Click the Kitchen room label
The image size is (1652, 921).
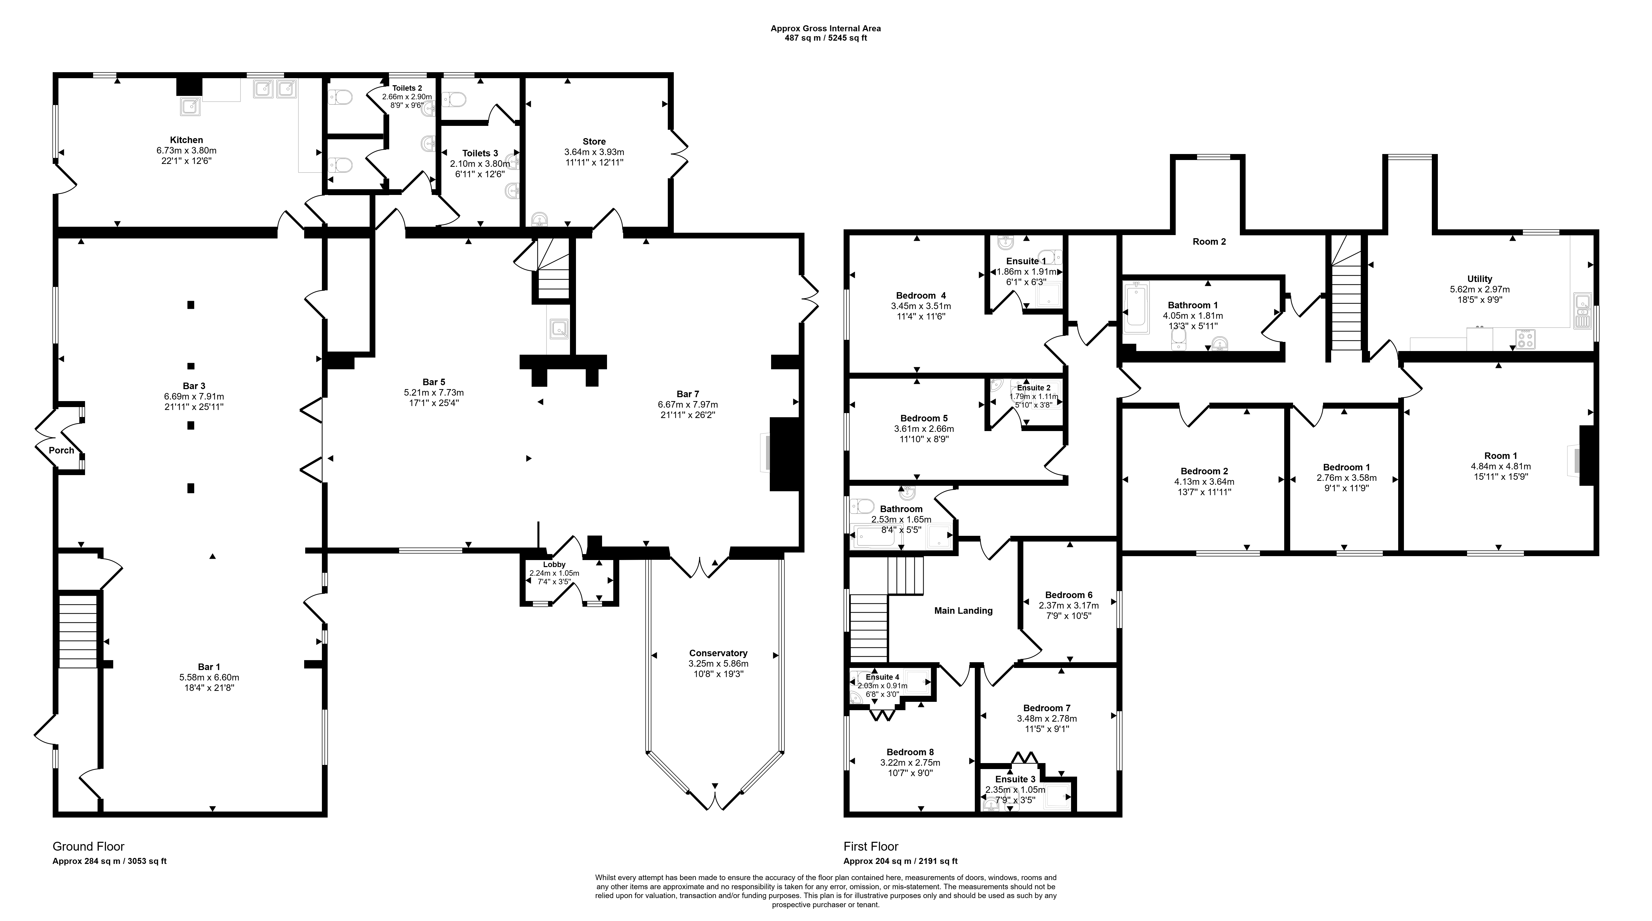[x=187, y=140]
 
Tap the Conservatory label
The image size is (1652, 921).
[x=718, y=653]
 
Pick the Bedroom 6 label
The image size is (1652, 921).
[x=1068, y=595]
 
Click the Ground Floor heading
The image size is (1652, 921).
[x=88, y=847]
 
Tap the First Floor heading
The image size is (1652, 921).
[x=871, y=847]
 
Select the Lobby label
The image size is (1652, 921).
[x=554, y=565]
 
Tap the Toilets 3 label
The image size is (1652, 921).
[x=480, y=153]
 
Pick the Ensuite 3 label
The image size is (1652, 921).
[x=1015, y=779]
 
